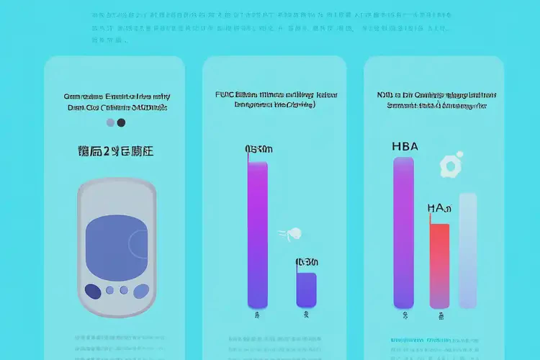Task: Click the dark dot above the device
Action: [x=121, y=122]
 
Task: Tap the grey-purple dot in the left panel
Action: [x=109, y=122]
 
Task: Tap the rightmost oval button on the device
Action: [x=138, y=289]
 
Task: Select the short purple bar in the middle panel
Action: [x=306, y=290]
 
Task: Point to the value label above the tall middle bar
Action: [x=258, y=149]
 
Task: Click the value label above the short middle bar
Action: [x=306, y=261]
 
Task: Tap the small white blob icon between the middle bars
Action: [x=294, y=233]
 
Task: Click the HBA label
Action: [x=405, y=145]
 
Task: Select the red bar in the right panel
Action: [x=439, y=266]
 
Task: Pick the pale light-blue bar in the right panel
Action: [x=467, y=251]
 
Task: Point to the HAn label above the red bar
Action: [x=439, y=209]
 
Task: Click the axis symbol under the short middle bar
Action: [x=306, y=315]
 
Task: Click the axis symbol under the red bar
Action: [x=439, y=315]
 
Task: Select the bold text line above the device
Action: [x=115, y=151]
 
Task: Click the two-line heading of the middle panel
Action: [x=276, y=99]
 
